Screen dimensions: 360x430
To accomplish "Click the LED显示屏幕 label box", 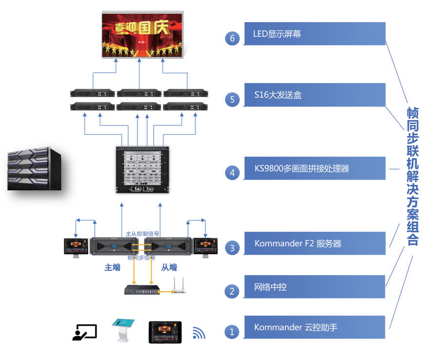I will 315,34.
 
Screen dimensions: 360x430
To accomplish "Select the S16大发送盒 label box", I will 315,95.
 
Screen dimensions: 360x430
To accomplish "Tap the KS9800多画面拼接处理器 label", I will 315,168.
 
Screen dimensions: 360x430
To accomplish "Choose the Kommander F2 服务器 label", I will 315,243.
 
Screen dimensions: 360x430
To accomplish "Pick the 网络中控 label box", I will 315,287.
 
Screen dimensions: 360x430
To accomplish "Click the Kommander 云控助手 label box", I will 315,327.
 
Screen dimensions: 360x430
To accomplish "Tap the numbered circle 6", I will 232,38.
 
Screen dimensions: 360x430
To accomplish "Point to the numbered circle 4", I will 232,173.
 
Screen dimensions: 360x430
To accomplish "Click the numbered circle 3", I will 232,248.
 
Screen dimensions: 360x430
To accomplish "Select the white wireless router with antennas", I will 179,287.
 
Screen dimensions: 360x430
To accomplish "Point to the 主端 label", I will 112,267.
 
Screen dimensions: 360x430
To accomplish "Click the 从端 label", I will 169,267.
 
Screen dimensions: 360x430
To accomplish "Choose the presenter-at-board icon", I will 85,332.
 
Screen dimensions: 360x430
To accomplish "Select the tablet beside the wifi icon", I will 165,332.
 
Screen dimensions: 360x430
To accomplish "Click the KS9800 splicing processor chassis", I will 142,170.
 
